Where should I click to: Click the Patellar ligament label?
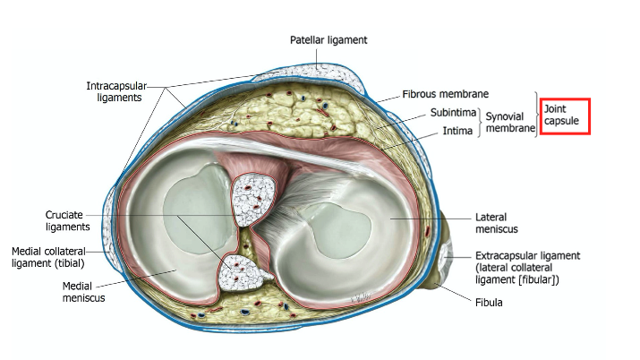pos(329,40)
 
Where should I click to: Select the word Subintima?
pos(453,113)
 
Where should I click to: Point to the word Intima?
pos(458,130)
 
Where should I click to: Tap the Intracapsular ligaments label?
pos(114,91)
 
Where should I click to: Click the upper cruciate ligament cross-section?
pos(255,201)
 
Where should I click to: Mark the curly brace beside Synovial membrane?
pos(479,122)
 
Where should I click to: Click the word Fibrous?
pos(422,93)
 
